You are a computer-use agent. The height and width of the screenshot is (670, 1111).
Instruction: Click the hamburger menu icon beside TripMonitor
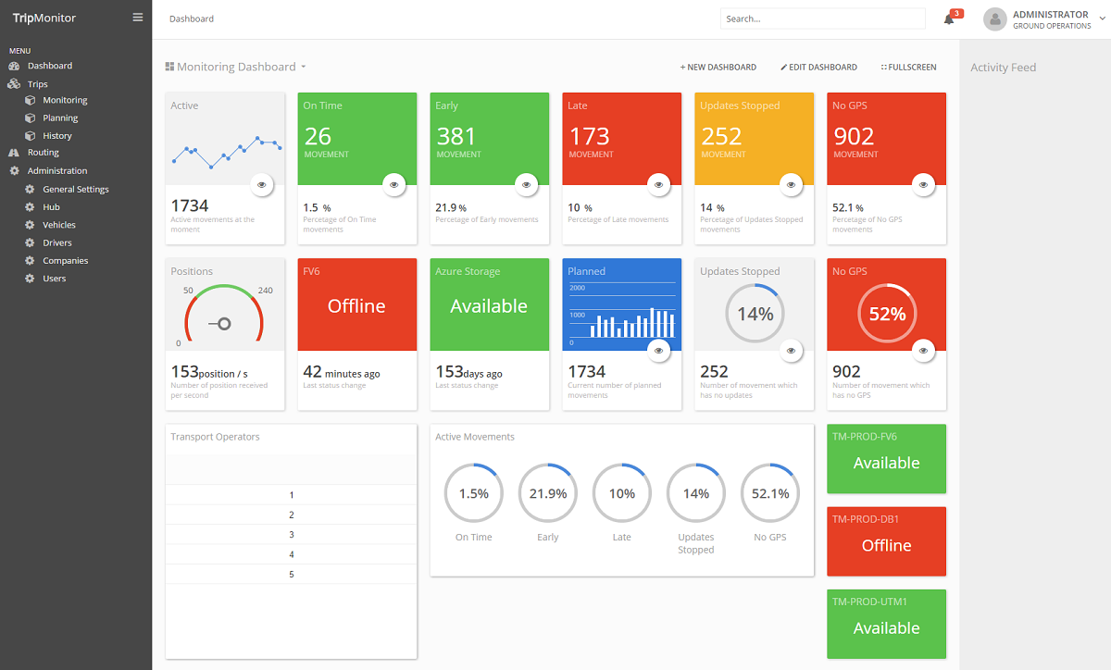click(137, 18)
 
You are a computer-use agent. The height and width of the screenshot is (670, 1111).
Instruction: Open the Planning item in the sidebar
click(60, 118)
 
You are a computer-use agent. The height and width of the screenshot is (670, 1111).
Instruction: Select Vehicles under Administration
click(58, 225)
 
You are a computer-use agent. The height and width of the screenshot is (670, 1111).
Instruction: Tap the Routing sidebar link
click(44, 153)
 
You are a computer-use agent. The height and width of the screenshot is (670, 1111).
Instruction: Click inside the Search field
click(822, 19)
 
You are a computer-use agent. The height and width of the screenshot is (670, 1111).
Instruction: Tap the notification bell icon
click(949, 19)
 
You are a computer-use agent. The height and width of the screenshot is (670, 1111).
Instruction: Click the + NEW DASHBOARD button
click(718, 67)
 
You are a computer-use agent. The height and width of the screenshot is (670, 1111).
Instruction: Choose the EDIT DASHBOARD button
click(818, 67)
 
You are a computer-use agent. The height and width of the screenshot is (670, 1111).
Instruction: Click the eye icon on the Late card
click(658, 185)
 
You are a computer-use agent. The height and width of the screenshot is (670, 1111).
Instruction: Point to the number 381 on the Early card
click(456, 136)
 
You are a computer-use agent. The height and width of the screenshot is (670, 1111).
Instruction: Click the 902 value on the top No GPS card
click(854, 136)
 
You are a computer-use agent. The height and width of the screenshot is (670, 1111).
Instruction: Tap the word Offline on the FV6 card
click(356, 306)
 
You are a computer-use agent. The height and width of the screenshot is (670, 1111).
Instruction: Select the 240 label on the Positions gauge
click(266, 291)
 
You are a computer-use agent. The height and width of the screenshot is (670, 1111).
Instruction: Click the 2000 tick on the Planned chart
click(578, 288)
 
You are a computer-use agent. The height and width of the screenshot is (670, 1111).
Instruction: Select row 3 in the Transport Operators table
click(291, 535)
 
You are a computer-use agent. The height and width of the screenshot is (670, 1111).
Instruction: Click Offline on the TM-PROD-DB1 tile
click(886, 545)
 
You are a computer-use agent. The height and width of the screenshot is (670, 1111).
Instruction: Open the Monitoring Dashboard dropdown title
click(235, 67)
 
